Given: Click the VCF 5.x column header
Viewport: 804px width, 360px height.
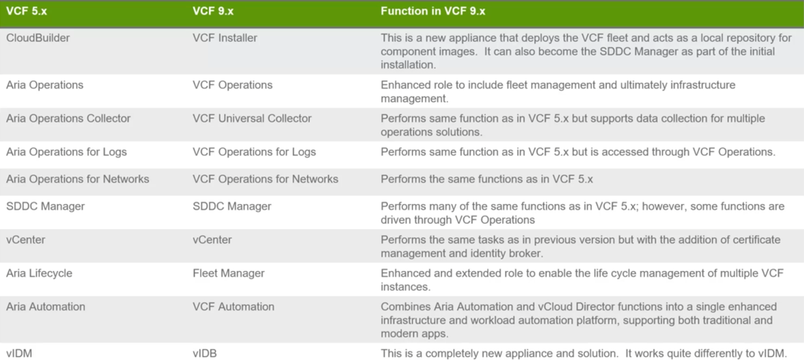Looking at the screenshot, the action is pos(26,11).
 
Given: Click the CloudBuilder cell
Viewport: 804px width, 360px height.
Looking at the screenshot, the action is pos(38,37).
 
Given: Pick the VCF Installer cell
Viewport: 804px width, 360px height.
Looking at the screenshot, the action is pos(225,37).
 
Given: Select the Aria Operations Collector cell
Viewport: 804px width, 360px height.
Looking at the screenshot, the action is pos(69,118).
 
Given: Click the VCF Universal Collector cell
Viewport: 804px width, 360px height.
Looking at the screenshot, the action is pos(252,118).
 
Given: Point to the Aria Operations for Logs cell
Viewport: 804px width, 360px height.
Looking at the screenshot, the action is pos(66,151).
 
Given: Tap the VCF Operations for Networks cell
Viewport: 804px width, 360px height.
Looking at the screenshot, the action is pos(266,179).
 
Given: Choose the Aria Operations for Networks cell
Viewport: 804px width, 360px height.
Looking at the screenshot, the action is pos(77,179).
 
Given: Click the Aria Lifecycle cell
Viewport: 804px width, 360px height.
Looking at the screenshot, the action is pos(39,273).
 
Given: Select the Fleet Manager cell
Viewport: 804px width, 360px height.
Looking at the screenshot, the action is pos(229,273).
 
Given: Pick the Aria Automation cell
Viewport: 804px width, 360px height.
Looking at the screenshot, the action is pos(46,306).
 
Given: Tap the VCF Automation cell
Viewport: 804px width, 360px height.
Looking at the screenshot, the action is pos(233,306).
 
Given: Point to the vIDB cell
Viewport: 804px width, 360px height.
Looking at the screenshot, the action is pos(206,354).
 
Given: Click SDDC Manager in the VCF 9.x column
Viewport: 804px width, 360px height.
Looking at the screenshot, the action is pos(232,206).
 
